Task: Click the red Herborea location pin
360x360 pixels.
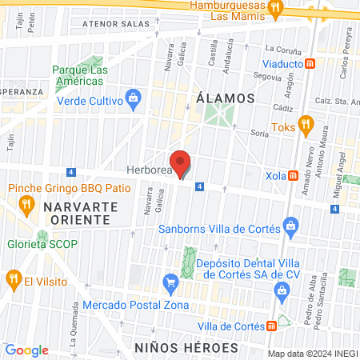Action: point(182,162)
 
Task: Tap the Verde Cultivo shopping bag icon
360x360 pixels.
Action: point(133,101)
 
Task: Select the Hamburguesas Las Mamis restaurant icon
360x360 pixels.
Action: point(275,9)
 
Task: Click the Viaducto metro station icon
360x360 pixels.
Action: point(310,63)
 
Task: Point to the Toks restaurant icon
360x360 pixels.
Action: point(304,126)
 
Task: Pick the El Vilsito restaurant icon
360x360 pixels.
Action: point(12,280)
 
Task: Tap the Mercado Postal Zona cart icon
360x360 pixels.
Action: point(170,282)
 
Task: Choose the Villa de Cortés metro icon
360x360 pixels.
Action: point(272,326)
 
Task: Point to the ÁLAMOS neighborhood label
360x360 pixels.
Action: point(225,98)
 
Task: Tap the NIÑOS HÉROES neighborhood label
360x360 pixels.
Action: point(186,348)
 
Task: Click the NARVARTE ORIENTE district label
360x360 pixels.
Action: point(81,213)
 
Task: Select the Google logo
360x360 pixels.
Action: point(26,350)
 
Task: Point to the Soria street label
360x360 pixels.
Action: point(258,134)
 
